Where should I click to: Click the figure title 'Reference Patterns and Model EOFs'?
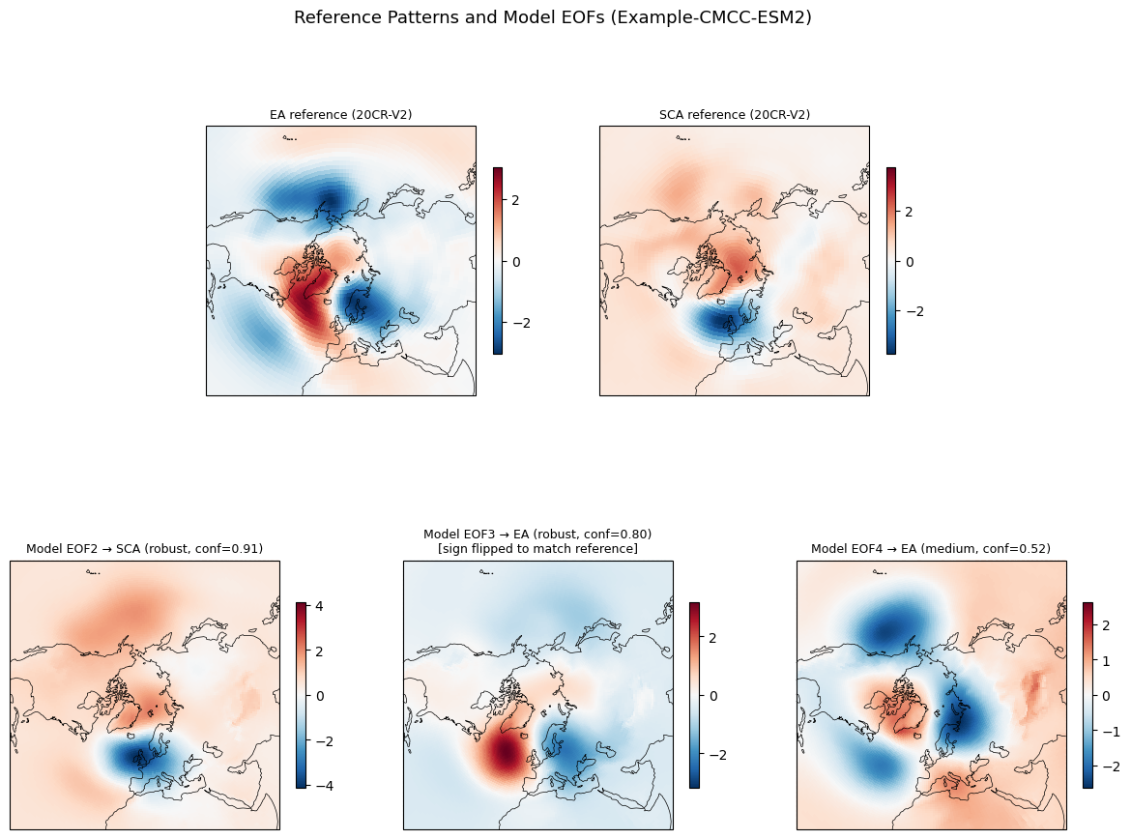click(x=552, y=17)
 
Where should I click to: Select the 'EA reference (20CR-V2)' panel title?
click(x=340, y=115)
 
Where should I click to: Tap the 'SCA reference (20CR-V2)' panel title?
click(x=734, y=115)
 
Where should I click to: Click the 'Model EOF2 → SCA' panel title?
click(x=144, y=549)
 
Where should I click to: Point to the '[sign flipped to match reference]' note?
click(x=537, y=549)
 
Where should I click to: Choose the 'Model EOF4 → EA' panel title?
click(x=930, y=549)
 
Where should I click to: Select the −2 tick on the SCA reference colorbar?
click(x=913, y=311)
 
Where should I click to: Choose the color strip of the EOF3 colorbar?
click(x=694, y=695)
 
